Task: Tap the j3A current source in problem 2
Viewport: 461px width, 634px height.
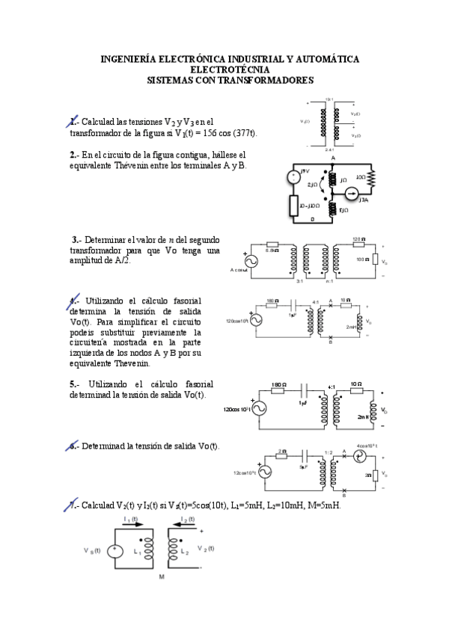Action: coord(353,195)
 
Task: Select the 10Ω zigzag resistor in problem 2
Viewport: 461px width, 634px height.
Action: coord(369,179)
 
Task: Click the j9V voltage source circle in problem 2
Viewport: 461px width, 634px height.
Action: coord(293,177)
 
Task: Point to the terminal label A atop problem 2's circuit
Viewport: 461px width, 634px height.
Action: coord(333,158)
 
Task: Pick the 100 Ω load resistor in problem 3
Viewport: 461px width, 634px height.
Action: coord(371,260)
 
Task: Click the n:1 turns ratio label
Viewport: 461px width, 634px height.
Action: coord(329,282)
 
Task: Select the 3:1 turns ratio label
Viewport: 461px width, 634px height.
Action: coord(299,282)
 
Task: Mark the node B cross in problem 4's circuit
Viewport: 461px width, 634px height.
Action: coord(330,337)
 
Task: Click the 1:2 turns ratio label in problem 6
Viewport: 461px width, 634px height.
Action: coord(328,452)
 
